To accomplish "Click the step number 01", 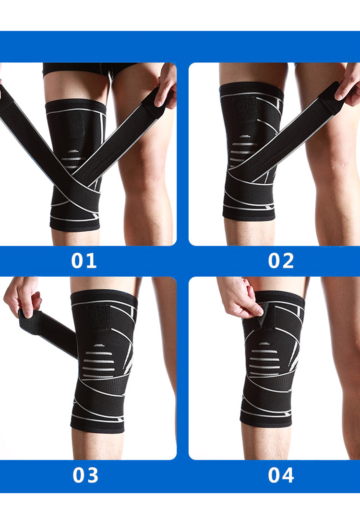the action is pos(84,260).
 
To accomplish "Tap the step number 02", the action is pos(281,260).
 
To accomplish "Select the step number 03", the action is pos(85,475).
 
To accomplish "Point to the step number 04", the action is pos(281,475).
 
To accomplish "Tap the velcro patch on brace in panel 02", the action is pos(245,109).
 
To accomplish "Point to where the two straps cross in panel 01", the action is pos(73,176).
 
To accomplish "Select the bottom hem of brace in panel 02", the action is pos(249,215).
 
